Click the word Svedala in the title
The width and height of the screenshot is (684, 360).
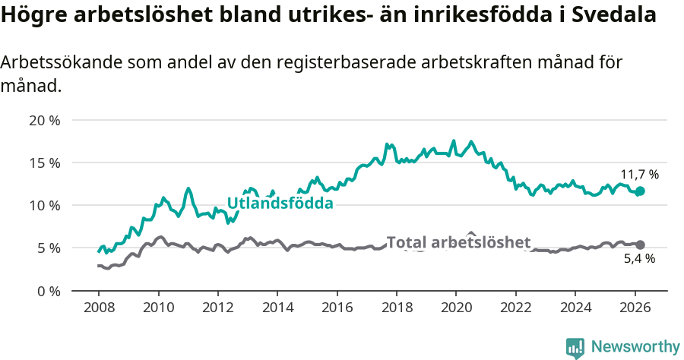[x=613, y=15]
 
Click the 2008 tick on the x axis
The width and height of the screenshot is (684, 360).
[x=99, y=307]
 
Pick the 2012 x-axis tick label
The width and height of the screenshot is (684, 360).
[x=217, y=307]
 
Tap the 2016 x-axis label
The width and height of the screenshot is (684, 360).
[x=337, y=307]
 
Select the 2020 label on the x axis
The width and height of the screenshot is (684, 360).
[x=456, y=307]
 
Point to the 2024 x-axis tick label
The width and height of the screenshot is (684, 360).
[x=575, y=307]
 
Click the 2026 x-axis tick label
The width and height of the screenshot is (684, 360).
[x=634, y=307]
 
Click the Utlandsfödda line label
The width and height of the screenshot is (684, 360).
[x=280, y=204]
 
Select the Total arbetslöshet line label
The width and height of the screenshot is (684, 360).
[x=458, y=242]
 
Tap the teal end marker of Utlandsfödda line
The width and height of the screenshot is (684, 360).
[x=640, y=191]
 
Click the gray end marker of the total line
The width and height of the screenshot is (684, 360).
[x=640, y=245]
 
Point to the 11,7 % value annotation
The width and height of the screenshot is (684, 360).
[x=639, y=174]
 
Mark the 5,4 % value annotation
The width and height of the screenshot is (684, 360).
[x=639, y=259]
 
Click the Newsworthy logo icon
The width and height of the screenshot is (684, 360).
[x=575, y=347]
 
